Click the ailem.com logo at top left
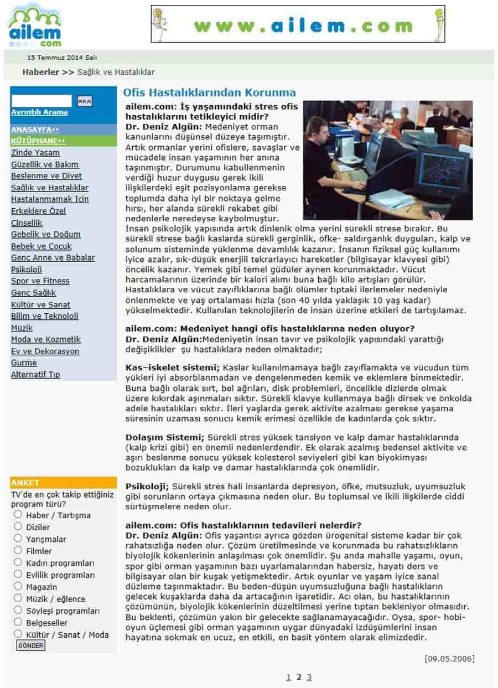point(35,25)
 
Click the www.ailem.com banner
point(298,24)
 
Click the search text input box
point(41,101)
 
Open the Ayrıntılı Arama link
point(39,112)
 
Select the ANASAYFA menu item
point(35,130)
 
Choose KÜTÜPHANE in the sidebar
point(38,141)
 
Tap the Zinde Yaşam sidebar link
point(35,153)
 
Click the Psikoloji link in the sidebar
point(26,270)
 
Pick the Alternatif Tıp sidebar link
point(35,375)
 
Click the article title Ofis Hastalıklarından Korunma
point(209,92)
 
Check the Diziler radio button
point(18,526)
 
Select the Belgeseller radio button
point(18,622)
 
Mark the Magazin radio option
point(18,586)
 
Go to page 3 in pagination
point(309,677)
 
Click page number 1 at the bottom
point(288,677)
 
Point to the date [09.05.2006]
point(449,659)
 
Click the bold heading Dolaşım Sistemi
point(165,437)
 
